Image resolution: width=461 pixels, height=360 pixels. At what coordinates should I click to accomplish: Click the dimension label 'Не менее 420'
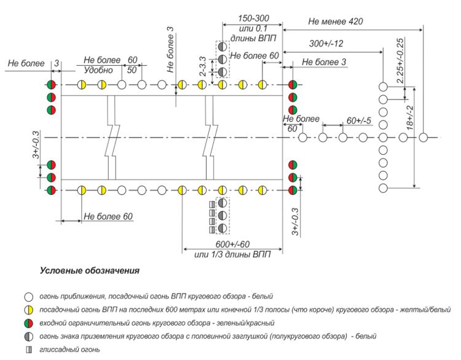click(336, 22)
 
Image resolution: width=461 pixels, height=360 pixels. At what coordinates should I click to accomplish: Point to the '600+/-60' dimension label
click(230, 244)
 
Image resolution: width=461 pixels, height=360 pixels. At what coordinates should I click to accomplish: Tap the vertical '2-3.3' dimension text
click(202, 66)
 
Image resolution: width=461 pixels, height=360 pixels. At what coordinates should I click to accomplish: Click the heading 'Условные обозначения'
click(89, 270)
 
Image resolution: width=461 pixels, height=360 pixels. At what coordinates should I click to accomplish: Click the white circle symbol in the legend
click(28, 296)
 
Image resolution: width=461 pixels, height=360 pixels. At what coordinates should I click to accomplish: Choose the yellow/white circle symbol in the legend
click(28, 310)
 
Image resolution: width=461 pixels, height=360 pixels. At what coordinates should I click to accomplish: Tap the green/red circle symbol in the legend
click(28, 323)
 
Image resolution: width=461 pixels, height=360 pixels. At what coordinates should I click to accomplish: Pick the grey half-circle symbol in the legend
click(28, 337)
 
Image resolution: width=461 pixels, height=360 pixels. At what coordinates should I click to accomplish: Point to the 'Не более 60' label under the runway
click(108, 216)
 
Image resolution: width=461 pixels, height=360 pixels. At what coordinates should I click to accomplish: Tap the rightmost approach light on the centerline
click(424, 138)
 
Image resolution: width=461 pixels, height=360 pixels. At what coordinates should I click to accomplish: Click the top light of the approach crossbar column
click(383, 87)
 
